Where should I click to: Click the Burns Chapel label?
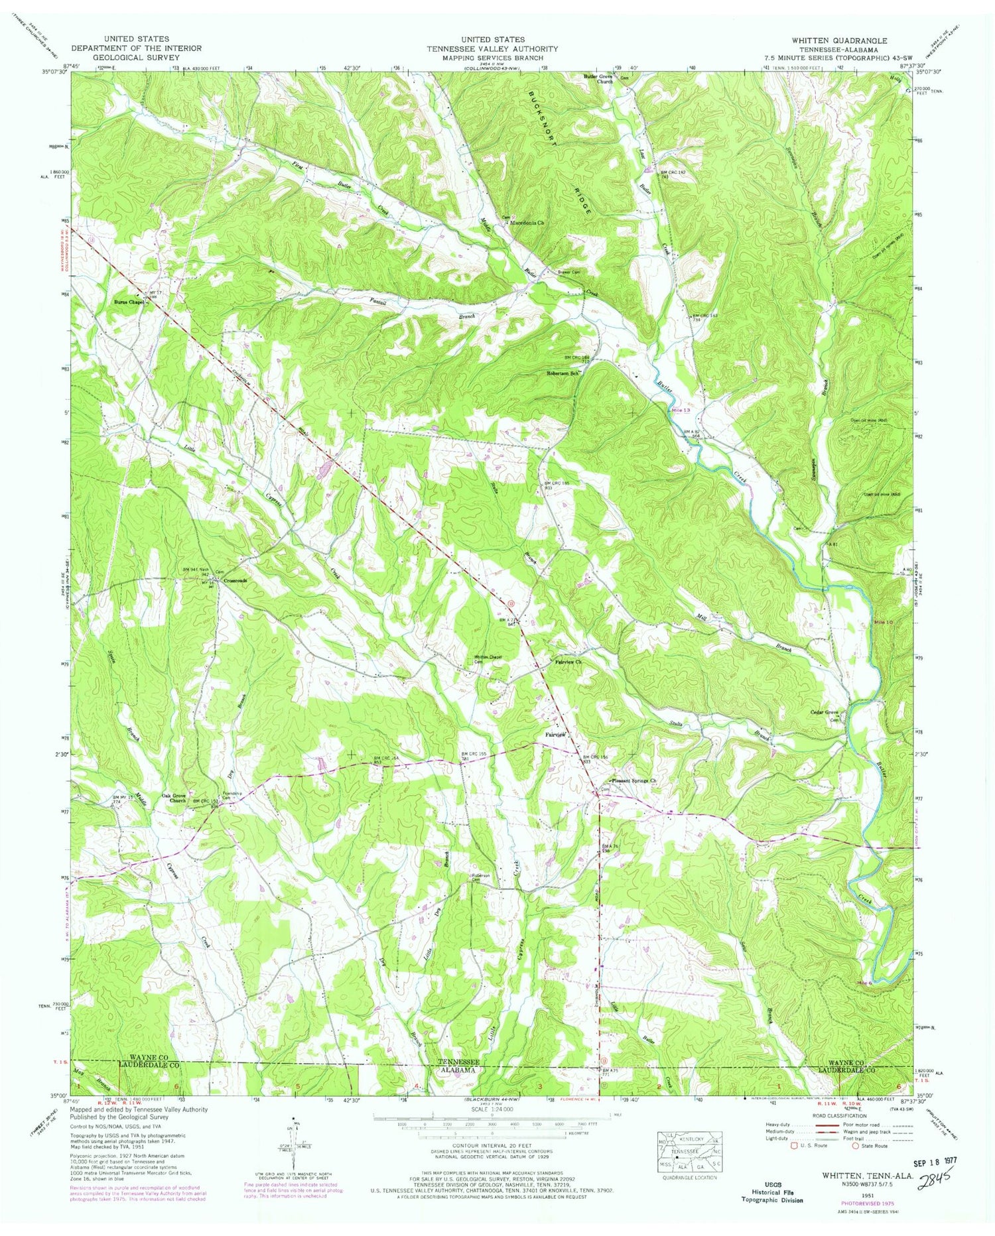tap(127, 302)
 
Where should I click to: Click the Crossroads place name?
tap(235, 580)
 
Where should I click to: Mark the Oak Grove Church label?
tap(173, 798)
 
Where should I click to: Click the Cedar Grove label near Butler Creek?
tap(825, 712)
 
